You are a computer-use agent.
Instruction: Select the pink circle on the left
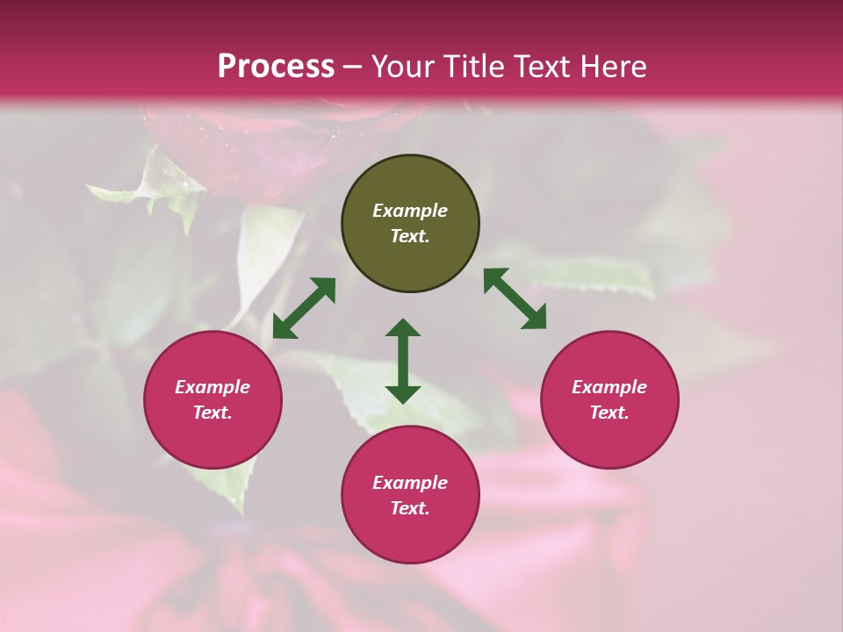pos(213,399)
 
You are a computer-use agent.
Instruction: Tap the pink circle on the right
pos(609,399)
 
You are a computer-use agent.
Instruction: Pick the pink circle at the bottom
pos(410,495)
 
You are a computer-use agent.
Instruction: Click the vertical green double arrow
pos(403,361)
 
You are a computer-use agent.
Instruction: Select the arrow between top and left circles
pos(304,308)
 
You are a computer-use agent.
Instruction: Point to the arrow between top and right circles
pos(515,298)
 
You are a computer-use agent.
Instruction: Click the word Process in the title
pos(276,67)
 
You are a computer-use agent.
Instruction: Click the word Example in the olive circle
pos(410,211)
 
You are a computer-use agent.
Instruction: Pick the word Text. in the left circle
pos(213,413)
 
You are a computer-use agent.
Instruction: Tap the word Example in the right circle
pos(609,387)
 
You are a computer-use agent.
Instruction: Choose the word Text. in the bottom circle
pos(410,508)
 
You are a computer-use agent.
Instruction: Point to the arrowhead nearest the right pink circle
pos(534,317)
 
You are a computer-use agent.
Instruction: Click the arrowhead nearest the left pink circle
pos(284,327)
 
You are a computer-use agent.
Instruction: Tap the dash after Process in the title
pos(353,67)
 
